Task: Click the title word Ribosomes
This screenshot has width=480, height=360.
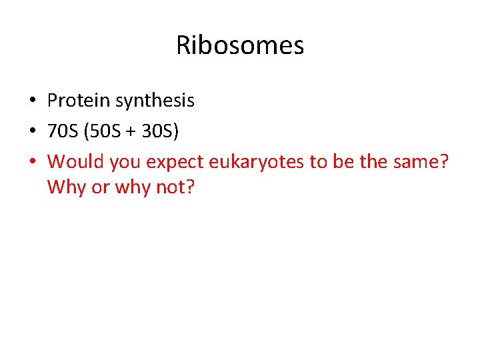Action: click(240, 45)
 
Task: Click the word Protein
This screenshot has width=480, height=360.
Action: click(79, 101)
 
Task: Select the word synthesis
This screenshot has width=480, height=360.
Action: click(155, 101)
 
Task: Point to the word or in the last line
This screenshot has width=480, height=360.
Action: click(100, 187)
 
